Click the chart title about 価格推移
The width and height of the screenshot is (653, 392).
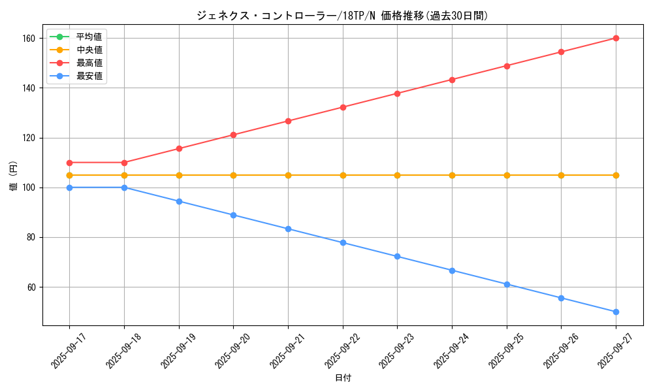(x=342, y=16)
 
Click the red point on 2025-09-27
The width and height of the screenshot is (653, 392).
(x=616, y=38)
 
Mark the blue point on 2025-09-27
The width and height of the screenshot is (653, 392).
(x=616, y=312)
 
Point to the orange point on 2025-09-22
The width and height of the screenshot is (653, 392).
(x=343, y=175)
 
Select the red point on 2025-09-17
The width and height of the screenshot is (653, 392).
(x=69, y=163)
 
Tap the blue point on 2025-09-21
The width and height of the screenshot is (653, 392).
(x=288, y=229)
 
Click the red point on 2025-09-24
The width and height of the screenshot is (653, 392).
(x=452, y=80)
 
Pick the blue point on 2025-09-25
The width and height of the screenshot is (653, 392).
(x=507, y=284)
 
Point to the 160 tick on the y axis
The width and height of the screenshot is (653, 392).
(x=28, y=38)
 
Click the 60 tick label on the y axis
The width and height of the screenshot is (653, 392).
(x=30, y=287)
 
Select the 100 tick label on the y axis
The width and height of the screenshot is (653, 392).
(x=28, y=188)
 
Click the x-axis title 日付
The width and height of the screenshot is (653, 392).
(x=343, y=378)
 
